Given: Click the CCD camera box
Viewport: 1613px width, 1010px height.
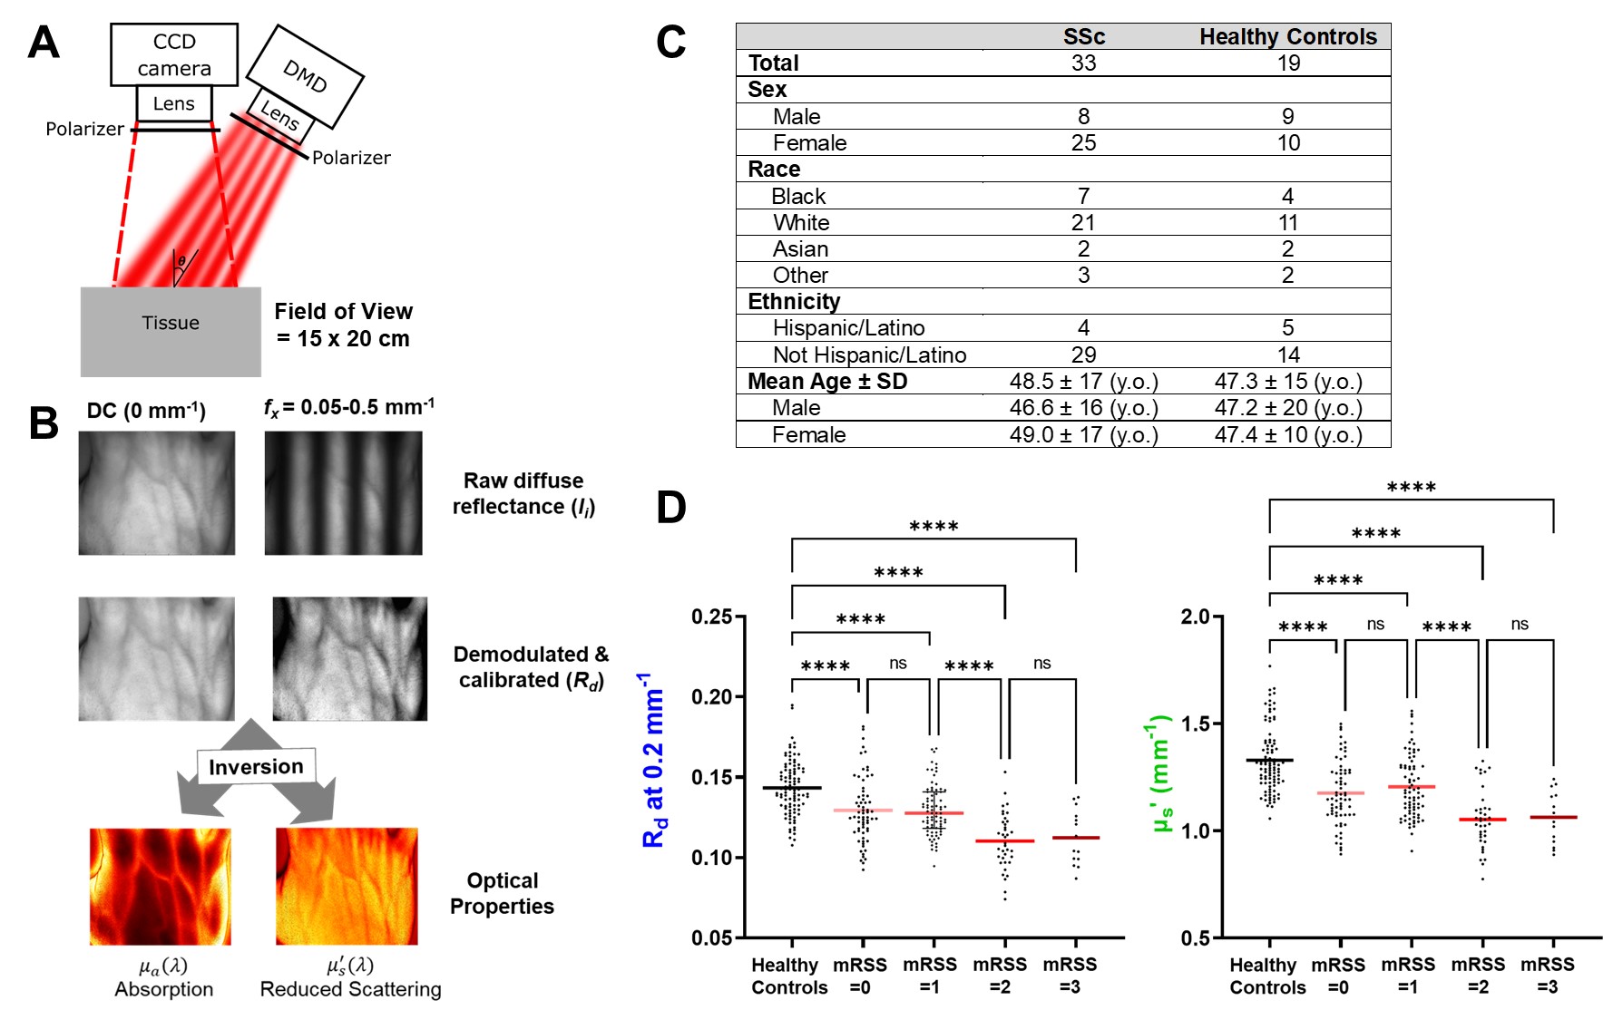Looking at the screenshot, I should [x=173, y=54].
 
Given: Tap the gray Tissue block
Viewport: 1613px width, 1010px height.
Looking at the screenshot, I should [x=171, y=331].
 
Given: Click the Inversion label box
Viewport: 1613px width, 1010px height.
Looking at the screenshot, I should [x=257, y=766].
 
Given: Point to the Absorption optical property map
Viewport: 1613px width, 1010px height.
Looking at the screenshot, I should [x=161, y=886].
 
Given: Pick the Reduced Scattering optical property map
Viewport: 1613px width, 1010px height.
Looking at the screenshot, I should [x=347, y=886].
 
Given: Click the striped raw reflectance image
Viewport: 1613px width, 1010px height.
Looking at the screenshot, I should [x=343, y=492].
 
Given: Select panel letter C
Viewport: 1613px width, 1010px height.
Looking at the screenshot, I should [x=671, y=43].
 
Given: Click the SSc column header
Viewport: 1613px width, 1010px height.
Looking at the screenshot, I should [x=1083, y=37].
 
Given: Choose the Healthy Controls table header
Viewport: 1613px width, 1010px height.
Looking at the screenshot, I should [x=1287, y=37].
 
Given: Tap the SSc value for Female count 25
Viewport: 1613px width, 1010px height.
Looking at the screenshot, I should [x=1083, y=143].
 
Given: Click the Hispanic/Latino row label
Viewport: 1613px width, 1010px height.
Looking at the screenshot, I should [x=848, y=328].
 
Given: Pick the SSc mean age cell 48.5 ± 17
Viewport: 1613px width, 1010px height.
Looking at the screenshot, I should [x=1083, y=382].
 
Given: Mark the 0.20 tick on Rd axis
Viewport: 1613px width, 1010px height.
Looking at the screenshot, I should [x=712, y=696].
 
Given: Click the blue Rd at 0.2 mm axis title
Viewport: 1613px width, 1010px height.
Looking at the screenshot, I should [x=653, y=760].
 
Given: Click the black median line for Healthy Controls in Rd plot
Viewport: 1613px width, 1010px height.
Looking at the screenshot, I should [x=791, y=788].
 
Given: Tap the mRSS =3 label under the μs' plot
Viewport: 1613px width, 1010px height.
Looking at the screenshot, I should [x=1547, y=976].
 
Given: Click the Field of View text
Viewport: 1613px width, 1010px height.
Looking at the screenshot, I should [x=343, y=325].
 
